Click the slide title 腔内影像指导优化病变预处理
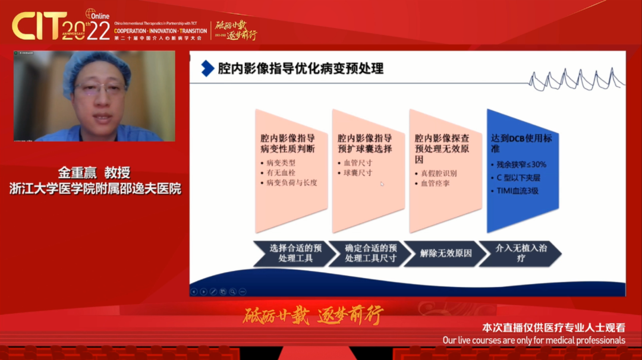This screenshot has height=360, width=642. coord(300,68)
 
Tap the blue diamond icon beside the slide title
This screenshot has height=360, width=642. coord(207,68)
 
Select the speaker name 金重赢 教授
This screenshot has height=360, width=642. coord(94,173)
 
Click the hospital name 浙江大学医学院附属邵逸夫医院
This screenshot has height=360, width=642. coord(95,189)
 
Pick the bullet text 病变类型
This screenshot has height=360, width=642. coord(281,163)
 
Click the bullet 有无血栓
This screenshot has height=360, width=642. coord(281,173)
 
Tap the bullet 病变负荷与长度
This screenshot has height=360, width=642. coord(291,183)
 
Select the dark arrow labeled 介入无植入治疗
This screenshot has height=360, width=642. coord(521,253)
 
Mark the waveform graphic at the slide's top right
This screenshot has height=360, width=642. coord(576,80)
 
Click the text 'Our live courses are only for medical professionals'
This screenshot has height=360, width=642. coord(534,340)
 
